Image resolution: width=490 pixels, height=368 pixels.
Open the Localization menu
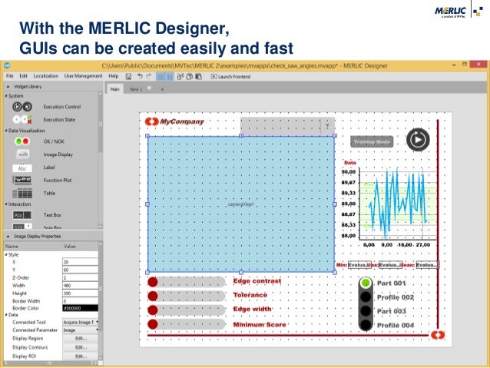(46, 77)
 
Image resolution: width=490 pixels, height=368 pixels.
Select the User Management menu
(84, 77)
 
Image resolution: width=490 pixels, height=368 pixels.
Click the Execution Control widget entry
(61, 107)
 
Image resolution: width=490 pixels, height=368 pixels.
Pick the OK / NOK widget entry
(55, 141)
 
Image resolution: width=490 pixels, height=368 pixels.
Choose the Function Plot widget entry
(58, 180)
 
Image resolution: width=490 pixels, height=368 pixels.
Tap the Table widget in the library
(48, 194)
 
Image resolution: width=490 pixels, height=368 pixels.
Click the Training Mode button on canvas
(372, 142)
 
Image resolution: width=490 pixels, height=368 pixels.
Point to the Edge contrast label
(257, 281)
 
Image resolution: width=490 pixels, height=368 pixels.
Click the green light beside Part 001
(366, 282)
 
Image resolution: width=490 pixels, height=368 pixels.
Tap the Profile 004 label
(396, 326)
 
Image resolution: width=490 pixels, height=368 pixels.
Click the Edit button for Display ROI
(79, 356)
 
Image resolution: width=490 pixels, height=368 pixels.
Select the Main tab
(115, 89)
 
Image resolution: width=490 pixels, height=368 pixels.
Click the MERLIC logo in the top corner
(456, 12)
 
